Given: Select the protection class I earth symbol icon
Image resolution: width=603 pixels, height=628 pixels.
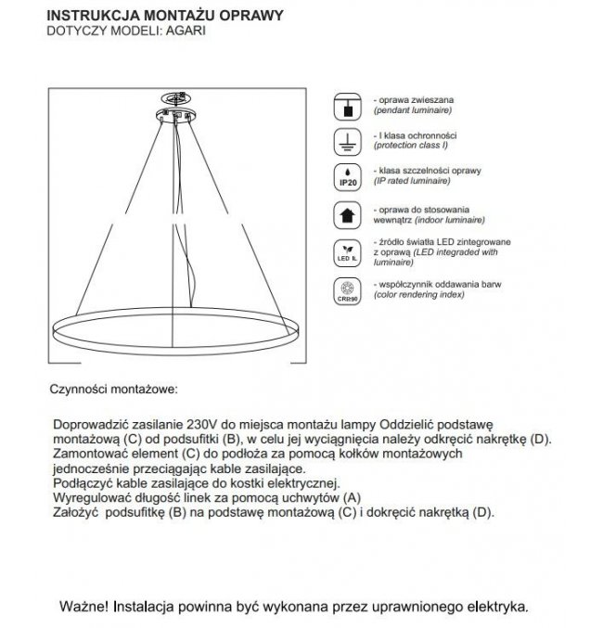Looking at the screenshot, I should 347,141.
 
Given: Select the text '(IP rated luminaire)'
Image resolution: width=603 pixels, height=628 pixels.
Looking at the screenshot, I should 412,183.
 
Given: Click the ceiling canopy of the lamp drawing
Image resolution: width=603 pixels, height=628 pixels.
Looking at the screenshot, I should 177,115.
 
